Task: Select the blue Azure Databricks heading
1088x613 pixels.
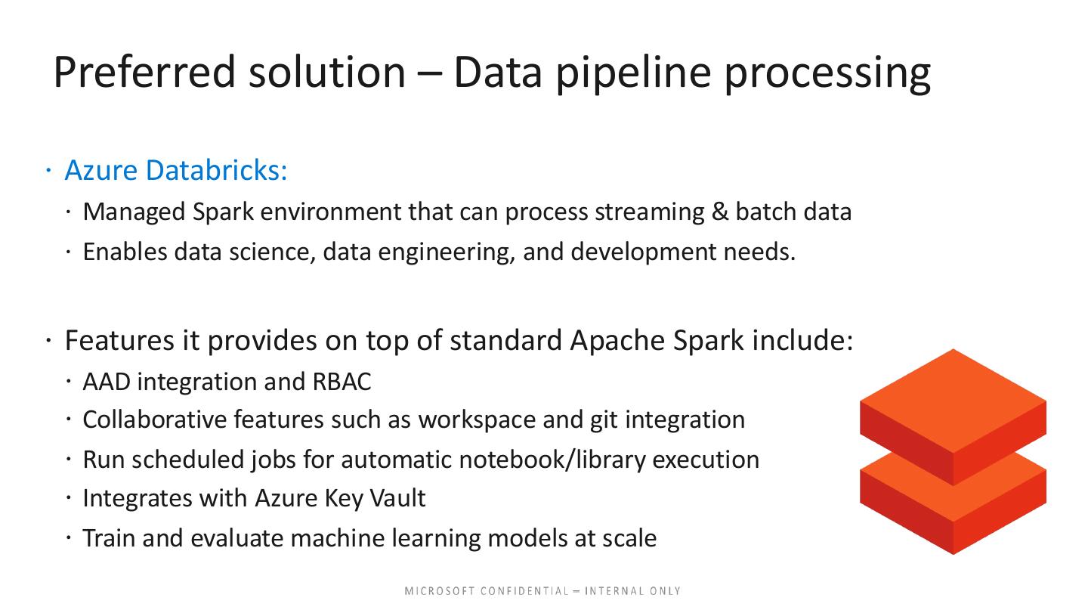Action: (x=176, y=171)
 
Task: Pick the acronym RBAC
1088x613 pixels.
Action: (x=342, y=382)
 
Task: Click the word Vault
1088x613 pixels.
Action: (x=397, y=498)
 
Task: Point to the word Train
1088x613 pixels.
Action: (x=109, y=538)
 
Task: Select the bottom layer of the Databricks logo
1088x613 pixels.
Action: (x=953, y=515)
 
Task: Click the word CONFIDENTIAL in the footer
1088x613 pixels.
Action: (x=524, y=591)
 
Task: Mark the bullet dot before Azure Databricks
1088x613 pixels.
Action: (x=48, y=171)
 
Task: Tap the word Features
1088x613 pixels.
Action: (x=119, y=340)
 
